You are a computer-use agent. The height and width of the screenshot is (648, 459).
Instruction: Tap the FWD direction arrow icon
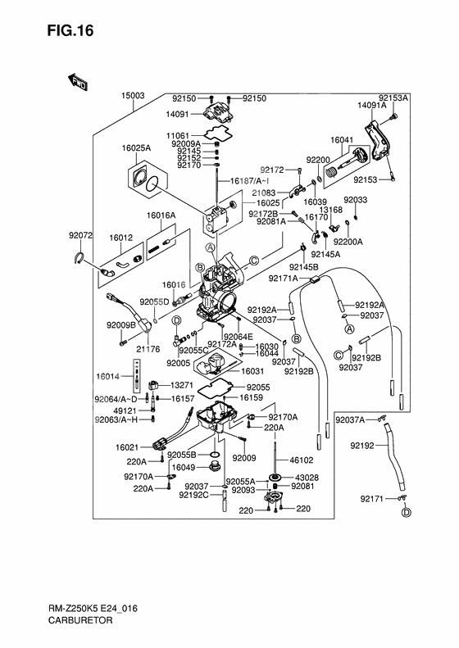coord(79,81)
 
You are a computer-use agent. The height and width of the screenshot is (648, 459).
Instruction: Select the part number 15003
coord(134,96)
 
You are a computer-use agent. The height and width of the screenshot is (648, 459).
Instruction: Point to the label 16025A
coord(137,148)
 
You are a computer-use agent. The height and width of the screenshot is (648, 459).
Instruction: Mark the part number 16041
coord(342,140)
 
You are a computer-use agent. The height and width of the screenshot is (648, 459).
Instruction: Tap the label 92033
coord(355,199)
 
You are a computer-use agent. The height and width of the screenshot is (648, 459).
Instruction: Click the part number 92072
coord(81,235)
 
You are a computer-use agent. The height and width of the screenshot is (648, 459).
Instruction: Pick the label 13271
coord(182,385)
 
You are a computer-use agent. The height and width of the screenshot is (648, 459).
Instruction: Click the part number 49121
coord(125,411)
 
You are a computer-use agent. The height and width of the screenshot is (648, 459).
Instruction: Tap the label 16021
coord(128,447)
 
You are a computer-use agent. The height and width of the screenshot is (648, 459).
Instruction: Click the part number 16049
coord(183,466)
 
